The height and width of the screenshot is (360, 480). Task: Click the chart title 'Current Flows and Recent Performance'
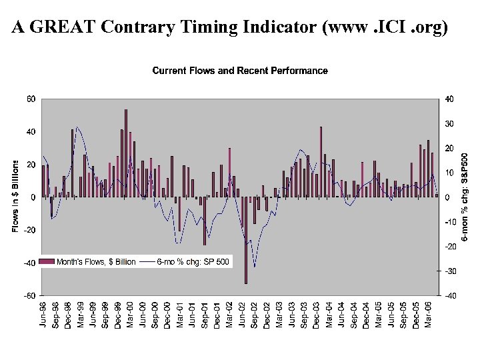coord(240,71)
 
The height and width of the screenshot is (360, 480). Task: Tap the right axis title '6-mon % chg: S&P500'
coord(465,197)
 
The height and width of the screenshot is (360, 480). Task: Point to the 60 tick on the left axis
coord(31,99)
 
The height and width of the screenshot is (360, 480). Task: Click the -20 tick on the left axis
coord(30,230)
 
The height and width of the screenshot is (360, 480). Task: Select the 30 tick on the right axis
coord(449,124)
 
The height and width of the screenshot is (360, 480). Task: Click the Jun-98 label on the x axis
coord(43,314)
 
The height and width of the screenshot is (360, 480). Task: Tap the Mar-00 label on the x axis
coord(129,314)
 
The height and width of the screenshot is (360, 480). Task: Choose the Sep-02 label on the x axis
coord(254,314)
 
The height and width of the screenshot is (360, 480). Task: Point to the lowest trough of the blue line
coord(254,267)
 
